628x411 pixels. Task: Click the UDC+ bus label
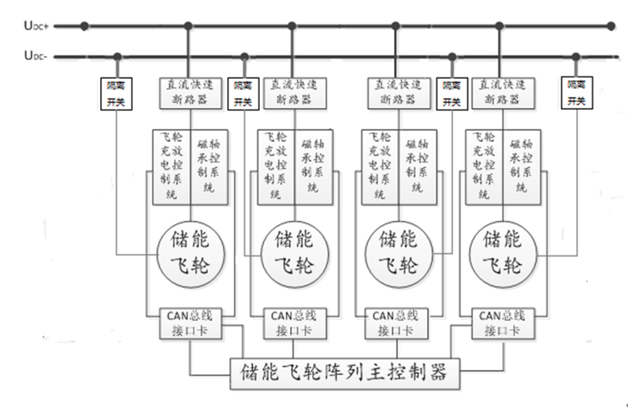pos(36,26)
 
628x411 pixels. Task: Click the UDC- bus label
pos(36,55)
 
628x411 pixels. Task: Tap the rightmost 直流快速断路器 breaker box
pos(503,92)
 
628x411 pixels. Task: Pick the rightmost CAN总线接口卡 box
pos(503,323)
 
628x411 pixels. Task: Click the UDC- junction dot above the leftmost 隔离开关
pos(118,56)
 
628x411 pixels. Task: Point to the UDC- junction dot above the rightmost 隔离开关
pos(577,56)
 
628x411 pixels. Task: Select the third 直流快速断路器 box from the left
pos(397,92)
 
